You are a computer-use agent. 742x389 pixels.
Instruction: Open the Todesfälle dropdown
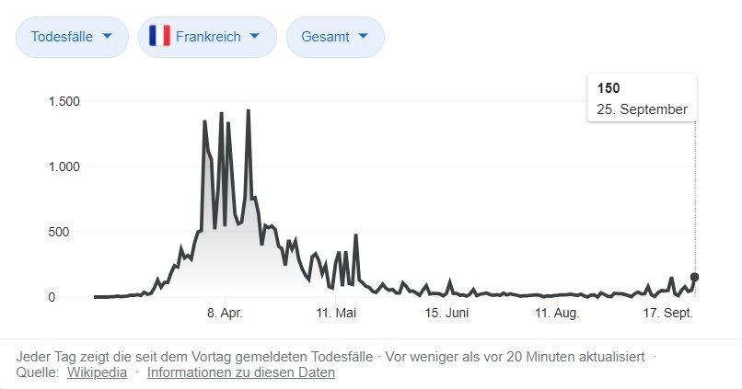click(x=72, y=37)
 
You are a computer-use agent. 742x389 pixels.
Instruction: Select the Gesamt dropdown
click(x=335, y=37)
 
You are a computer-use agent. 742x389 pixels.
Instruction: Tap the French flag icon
click(x=159, y=37)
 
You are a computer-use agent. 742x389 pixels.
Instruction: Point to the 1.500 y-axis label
click(x=64, y=101)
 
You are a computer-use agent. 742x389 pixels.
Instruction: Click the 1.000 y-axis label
click(x=64, y=166)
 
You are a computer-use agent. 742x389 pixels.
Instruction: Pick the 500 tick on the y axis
click(x=70, y=232)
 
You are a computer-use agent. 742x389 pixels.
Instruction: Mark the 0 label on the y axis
click(x=77, y=297)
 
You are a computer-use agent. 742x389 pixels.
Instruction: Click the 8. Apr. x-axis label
click(x=225, y=314)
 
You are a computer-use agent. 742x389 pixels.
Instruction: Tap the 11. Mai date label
click(x=335, y=314)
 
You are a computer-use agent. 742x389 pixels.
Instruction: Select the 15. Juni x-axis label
click(x=446, y=314)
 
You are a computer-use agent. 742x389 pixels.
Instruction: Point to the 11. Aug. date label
click(x=556, y=314)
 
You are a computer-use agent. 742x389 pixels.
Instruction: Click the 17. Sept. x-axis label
click(x=667, y=314)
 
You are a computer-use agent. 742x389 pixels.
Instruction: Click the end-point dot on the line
click(x=695, y=277)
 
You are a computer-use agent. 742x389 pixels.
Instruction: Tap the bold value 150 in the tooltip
click(x=609, y=88)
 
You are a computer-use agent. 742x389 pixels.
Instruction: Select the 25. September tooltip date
click(x=643, y=109)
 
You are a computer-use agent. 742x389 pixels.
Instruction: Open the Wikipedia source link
click(x=97, y=372)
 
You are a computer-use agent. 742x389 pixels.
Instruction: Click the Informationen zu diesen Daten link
click(x=241, y=372)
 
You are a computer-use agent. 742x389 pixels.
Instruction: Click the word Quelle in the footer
click(x=37, y=372)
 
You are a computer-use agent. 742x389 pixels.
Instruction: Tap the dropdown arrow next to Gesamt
click(x=363, y=37)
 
